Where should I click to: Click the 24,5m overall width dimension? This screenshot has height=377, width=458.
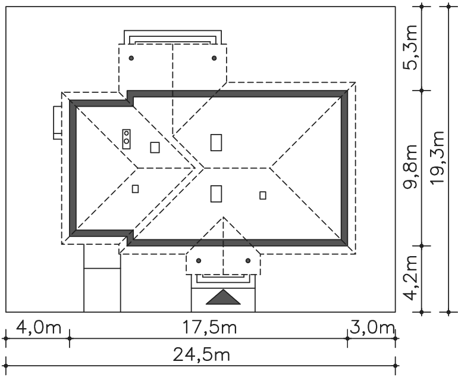202,355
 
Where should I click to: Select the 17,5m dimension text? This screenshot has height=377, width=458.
208,328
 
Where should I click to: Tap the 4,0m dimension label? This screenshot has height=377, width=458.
37,328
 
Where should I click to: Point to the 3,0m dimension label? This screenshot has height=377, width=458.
371,328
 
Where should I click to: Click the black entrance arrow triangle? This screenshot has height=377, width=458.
223,297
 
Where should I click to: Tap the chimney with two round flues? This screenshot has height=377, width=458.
127,138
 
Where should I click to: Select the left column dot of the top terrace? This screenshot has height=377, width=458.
131,58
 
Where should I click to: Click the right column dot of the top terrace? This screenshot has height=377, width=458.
214,58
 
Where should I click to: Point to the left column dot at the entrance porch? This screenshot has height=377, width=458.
199,260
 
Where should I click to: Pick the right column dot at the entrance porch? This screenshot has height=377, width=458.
248,260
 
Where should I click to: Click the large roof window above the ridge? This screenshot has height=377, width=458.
217,142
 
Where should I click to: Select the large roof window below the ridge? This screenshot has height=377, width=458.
217,194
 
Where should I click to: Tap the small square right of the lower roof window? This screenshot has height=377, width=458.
263,195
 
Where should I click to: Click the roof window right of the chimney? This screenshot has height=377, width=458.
155,147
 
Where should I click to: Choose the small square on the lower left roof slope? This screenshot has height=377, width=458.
135,189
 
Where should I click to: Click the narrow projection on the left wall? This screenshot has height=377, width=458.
57,122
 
